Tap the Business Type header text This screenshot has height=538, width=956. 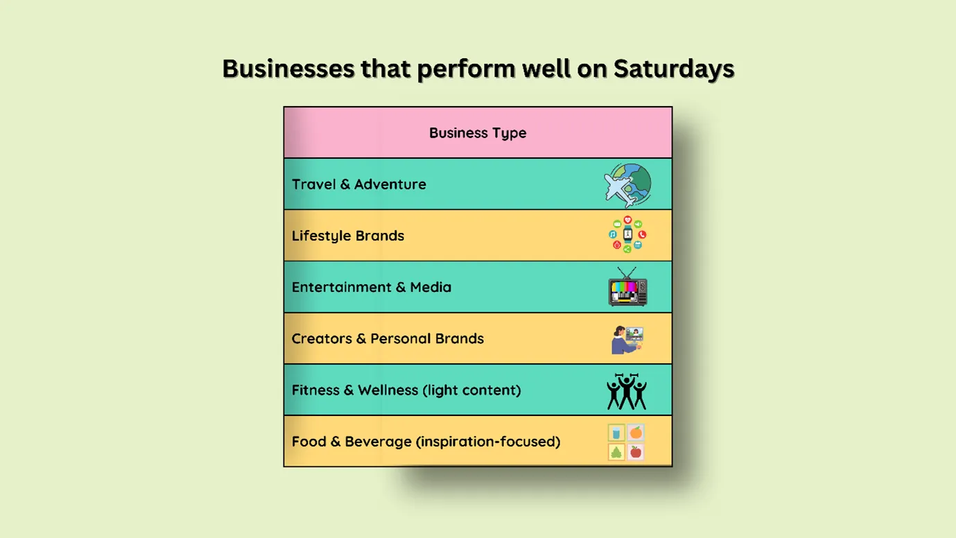tap(478, 133)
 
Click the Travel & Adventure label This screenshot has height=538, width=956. tap(358, 184)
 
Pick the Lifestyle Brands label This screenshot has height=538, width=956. tap(347, 236)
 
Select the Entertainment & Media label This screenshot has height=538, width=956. tap(371, 287)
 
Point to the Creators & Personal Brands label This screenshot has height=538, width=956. tap(388, 339)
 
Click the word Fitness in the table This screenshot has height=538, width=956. tap(315, 390)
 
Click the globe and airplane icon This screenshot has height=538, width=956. tap(627, 184)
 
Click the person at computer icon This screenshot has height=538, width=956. tap(627, 339)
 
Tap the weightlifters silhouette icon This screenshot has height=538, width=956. tap(627, 391)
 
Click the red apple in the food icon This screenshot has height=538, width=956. tap(636, 452)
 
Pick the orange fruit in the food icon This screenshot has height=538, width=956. tap(636, 433)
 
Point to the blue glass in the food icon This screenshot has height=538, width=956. tap(616, 433)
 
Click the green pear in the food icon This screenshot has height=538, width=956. tap(616, 452)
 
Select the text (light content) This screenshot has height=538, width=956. tap(471, 390)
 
